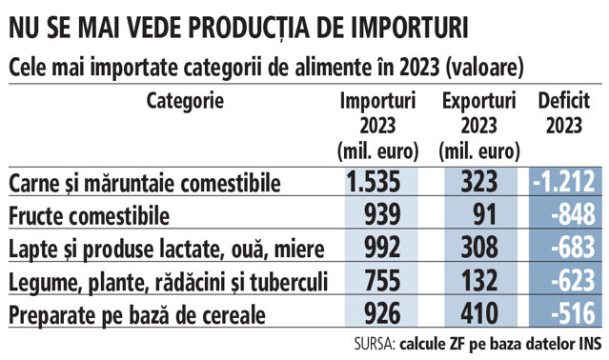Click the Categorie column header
tap(185, 102)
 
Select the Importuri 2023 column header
tap(378, 126)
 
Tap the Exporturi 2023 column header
tap(478, 126)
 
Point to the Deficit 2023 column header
tap(564, 113)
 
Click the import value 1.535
tap(373, 182)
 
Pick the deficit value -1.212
tap(564, 182)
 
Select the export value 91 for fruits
tap(485, 214)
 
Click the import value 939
tap(382, 214)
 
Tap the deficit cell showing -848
tap(574, 214)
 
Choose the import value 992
tap(382, 247)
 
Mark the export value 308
tap(479, 247)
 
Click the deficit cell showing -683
tap(574, 247)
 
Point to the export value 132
tap(479, 280)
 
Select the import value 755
tap(382, 280)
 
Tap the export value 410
tap(479, 313)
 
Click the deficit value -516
tap(574, 313)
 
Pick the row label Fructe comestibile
tap(89, 215)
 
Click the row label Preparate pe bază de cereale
tap(137, 315)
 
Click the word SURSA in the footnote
tap(374, 344)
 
